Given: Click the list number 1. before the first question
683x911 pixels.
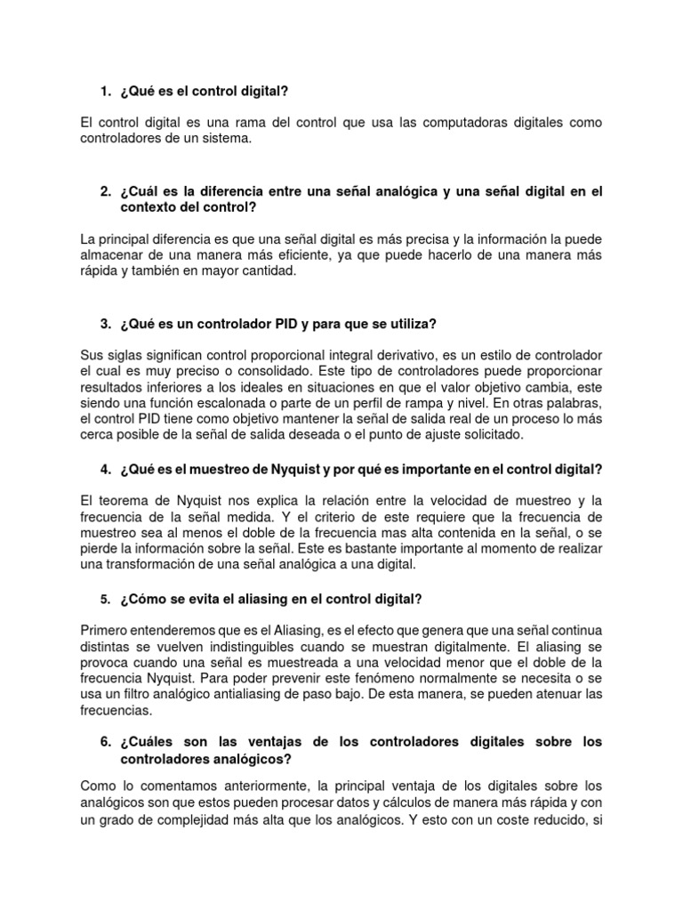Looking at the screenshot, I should [105, 91].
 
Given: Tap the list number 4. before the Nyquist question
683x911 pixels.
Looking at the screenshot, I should [105, 470].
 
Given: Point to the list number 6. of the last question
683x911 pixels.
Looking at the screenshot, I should [105, 741].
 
